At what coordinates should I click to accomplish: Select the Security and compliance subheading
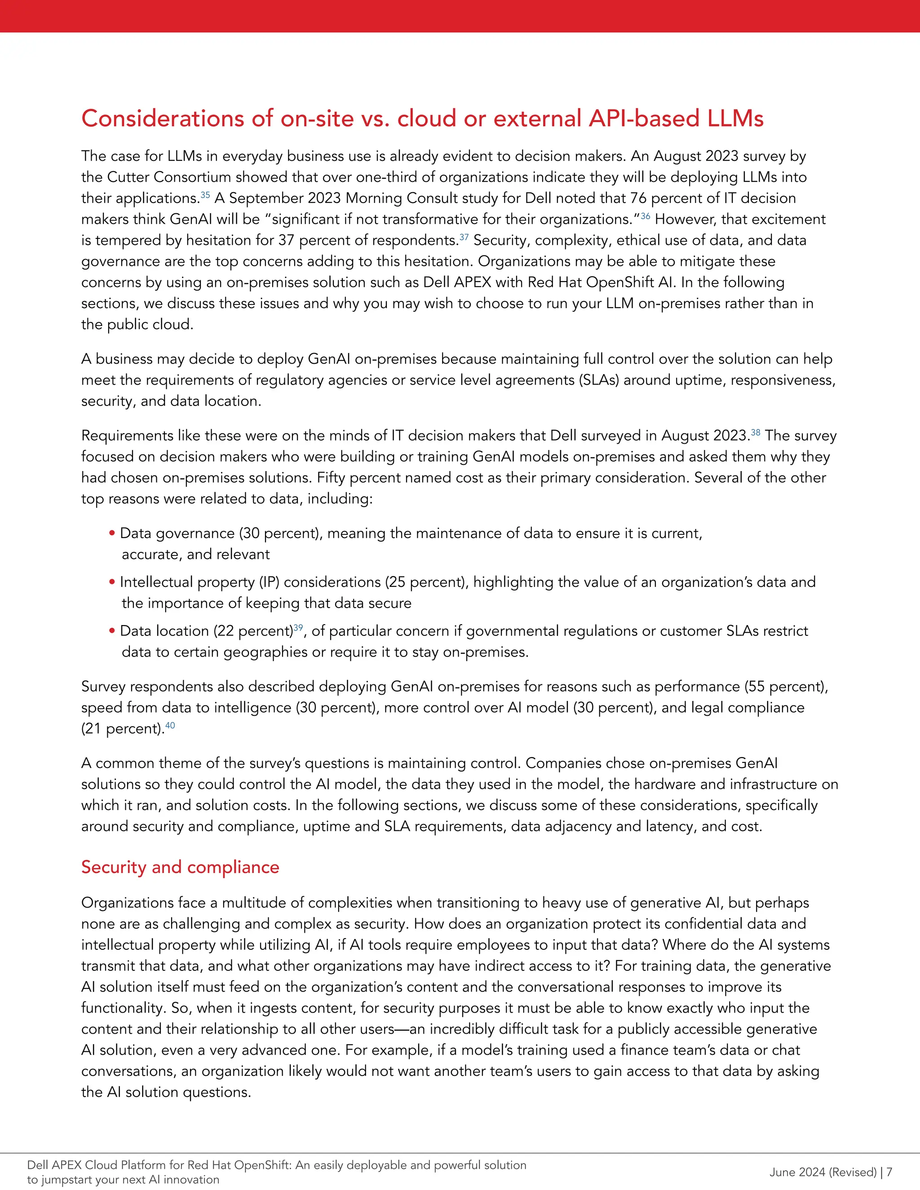coord(180,867)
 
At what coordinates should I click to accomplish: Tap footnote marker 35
coord(205,194)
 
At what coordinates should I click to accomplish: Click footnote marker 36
coord(646,216)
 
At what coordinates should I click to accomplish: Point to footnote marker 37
coord(464,237)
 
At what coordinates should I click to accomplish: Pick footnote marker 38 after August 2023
coord(756,432)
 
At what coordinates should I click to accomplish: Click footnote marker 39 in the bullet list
coord(298,627)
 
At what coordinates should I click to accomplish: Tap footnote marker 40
coord(170,725)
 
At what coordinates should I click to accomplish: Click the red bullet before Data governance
coord(112,533)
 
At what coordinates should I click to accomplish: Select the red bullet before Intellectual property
coord(112,582)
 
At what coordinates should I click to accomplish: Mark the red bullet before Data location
coord(112,631)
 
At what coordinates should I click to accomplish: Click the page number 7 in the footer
coord(889,1172)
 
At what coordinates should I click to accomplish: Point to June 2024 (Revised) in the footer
coord(823,1172)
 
